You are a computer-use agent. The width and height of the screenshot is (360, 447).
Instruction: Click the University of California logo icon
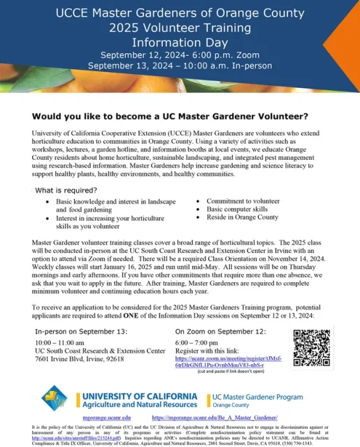coord(56,397)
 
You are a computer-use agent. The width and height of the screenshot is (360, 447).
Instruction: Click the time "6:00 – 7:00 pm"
coord(198,342)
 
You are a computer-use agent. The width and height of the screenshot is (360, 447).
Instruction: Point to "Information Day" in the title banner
coord(180,41)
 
